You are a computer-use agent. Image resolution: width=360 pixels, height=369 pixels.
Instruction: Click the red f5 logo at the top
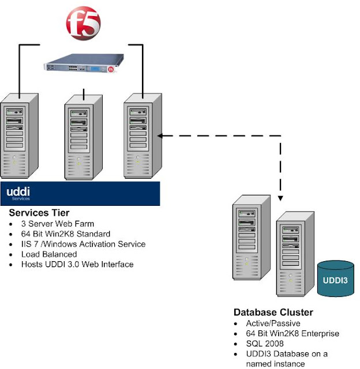[84, 22]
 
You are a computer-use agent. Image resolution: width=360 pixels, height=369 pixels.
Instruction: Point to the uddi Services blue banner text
[18, 193]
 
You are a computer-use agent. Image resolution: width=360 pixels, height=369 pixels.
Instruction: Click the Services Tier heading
[39, 213]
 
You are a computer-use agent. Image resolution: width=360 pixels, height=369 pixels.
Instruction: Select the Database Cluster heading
[273, 312]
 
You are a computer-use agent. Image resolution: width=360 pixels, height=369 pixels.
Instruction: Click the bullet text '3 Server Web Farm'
[57, 224]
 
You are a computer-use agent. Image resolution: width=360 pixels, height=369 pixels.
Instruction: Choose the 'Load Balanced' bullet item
[48, 254]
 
